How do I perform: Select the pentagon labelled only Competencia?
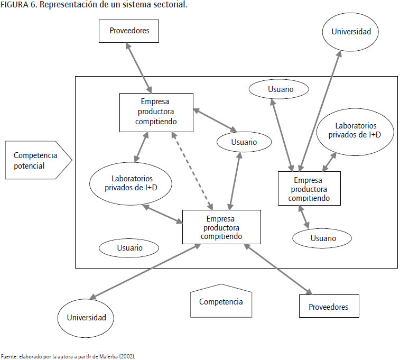(221, 302)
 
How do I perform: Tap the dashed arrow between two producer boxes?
(191, 169)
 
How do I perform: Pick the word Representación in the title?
(67, 5)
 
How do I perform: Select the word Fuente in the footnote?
(9, 356)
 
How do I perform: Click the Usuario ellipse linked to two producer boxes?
(244, 142)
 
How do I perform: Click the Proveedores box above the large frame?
(129, 31)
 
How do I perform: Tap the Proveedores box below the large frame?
(328, 306)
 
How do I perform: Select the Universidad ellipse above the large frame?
(351, 32)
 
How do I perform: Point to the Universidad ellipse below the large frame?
(86, 318)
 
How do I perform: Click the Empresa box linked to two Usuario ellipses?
(309, 189)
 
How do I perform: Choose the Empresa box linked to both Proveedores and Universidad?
(221, 227)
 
